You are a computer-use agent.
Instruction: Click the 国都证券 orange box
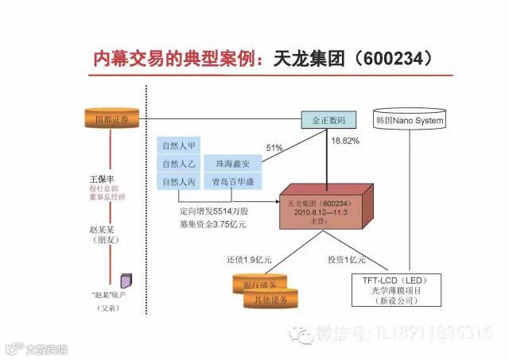[111, 119]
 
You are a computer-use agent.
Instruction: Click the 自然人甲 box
[179, 145]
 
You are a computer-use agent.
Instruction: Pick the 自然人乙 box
[179, 164]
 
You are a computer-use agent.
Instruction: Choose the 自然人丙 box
[179, 182]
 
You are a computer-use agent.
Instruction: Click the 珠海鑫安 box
[231, 164]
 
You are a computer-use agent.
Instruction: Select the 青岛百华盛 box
[231, 182]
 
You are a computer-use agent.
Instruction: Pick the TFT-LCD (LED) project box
[400, 290]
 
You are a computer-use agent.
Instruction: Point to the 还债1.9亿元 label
[249, 260]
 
